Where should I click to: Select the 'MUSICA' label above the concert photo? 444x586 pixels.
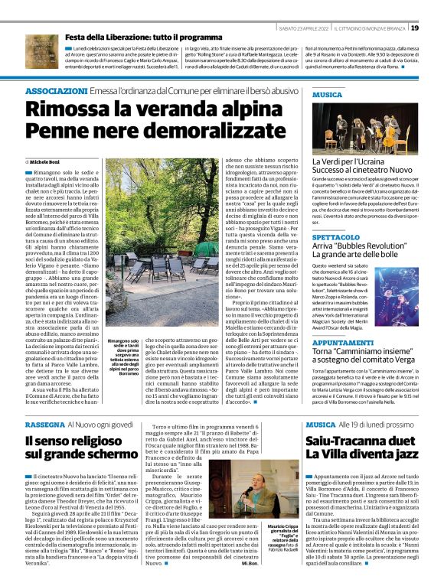[x=328, y=95]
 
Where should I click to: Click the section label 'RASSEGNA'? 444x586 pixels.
[x=47, y=424]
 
